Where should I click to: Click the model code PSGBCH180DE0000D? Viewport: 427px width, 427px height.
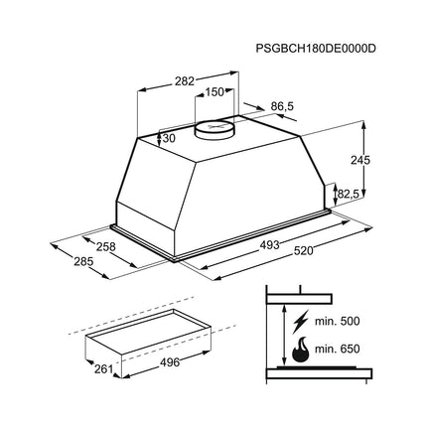click(x=316, y=49)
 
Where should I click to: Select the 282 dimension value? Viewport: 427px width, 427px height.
click(x=185, y=81)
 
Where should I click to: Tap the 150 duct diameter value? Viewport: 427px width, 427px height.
click(x=214, y=92)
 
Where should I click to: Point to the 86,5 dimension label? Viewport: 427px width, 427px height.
click(x=282, y=106)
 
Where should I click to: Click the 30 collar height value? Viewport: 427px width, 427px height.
click(x=169, y=138)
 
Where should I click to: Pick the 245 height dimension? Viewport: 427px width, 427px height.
click(x=360, y=160)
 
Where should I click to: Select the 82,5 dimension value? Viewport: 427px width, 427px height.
click(x=349, y=194)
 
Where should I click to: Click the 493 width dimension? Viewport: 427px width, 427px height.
click(x=269, y=245)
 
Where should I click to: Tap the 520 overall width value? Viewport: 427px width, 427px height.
click(x=303, y=251)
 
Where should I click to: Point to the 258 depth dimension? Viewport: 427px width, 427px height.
click(x=106, y=246)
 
